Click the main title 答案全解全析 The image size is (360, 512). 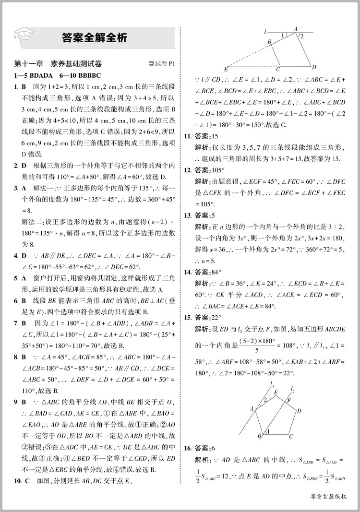click(x=95, y=37)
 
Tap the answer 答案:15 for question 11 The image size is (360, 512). click(x=206, y=137)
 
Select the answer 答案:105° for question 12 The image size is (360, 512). click(x=210, y=170)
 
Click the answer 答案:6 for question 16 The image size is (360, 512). click(x=205, y=448)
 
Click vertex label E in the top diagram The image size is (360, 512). click(x=226, y=68)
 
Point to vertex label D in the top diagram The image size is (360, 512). click(x=314, y=66)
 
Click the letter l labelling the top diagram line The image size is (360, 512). click(x=265, y=33)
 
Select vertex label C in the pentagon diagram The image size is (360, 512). click(x=291, y=436)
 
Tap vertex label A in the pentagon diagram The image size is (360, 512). click(x=252, y=409)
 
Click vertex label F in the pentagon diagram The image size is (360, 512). click(x=289, y=399)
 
